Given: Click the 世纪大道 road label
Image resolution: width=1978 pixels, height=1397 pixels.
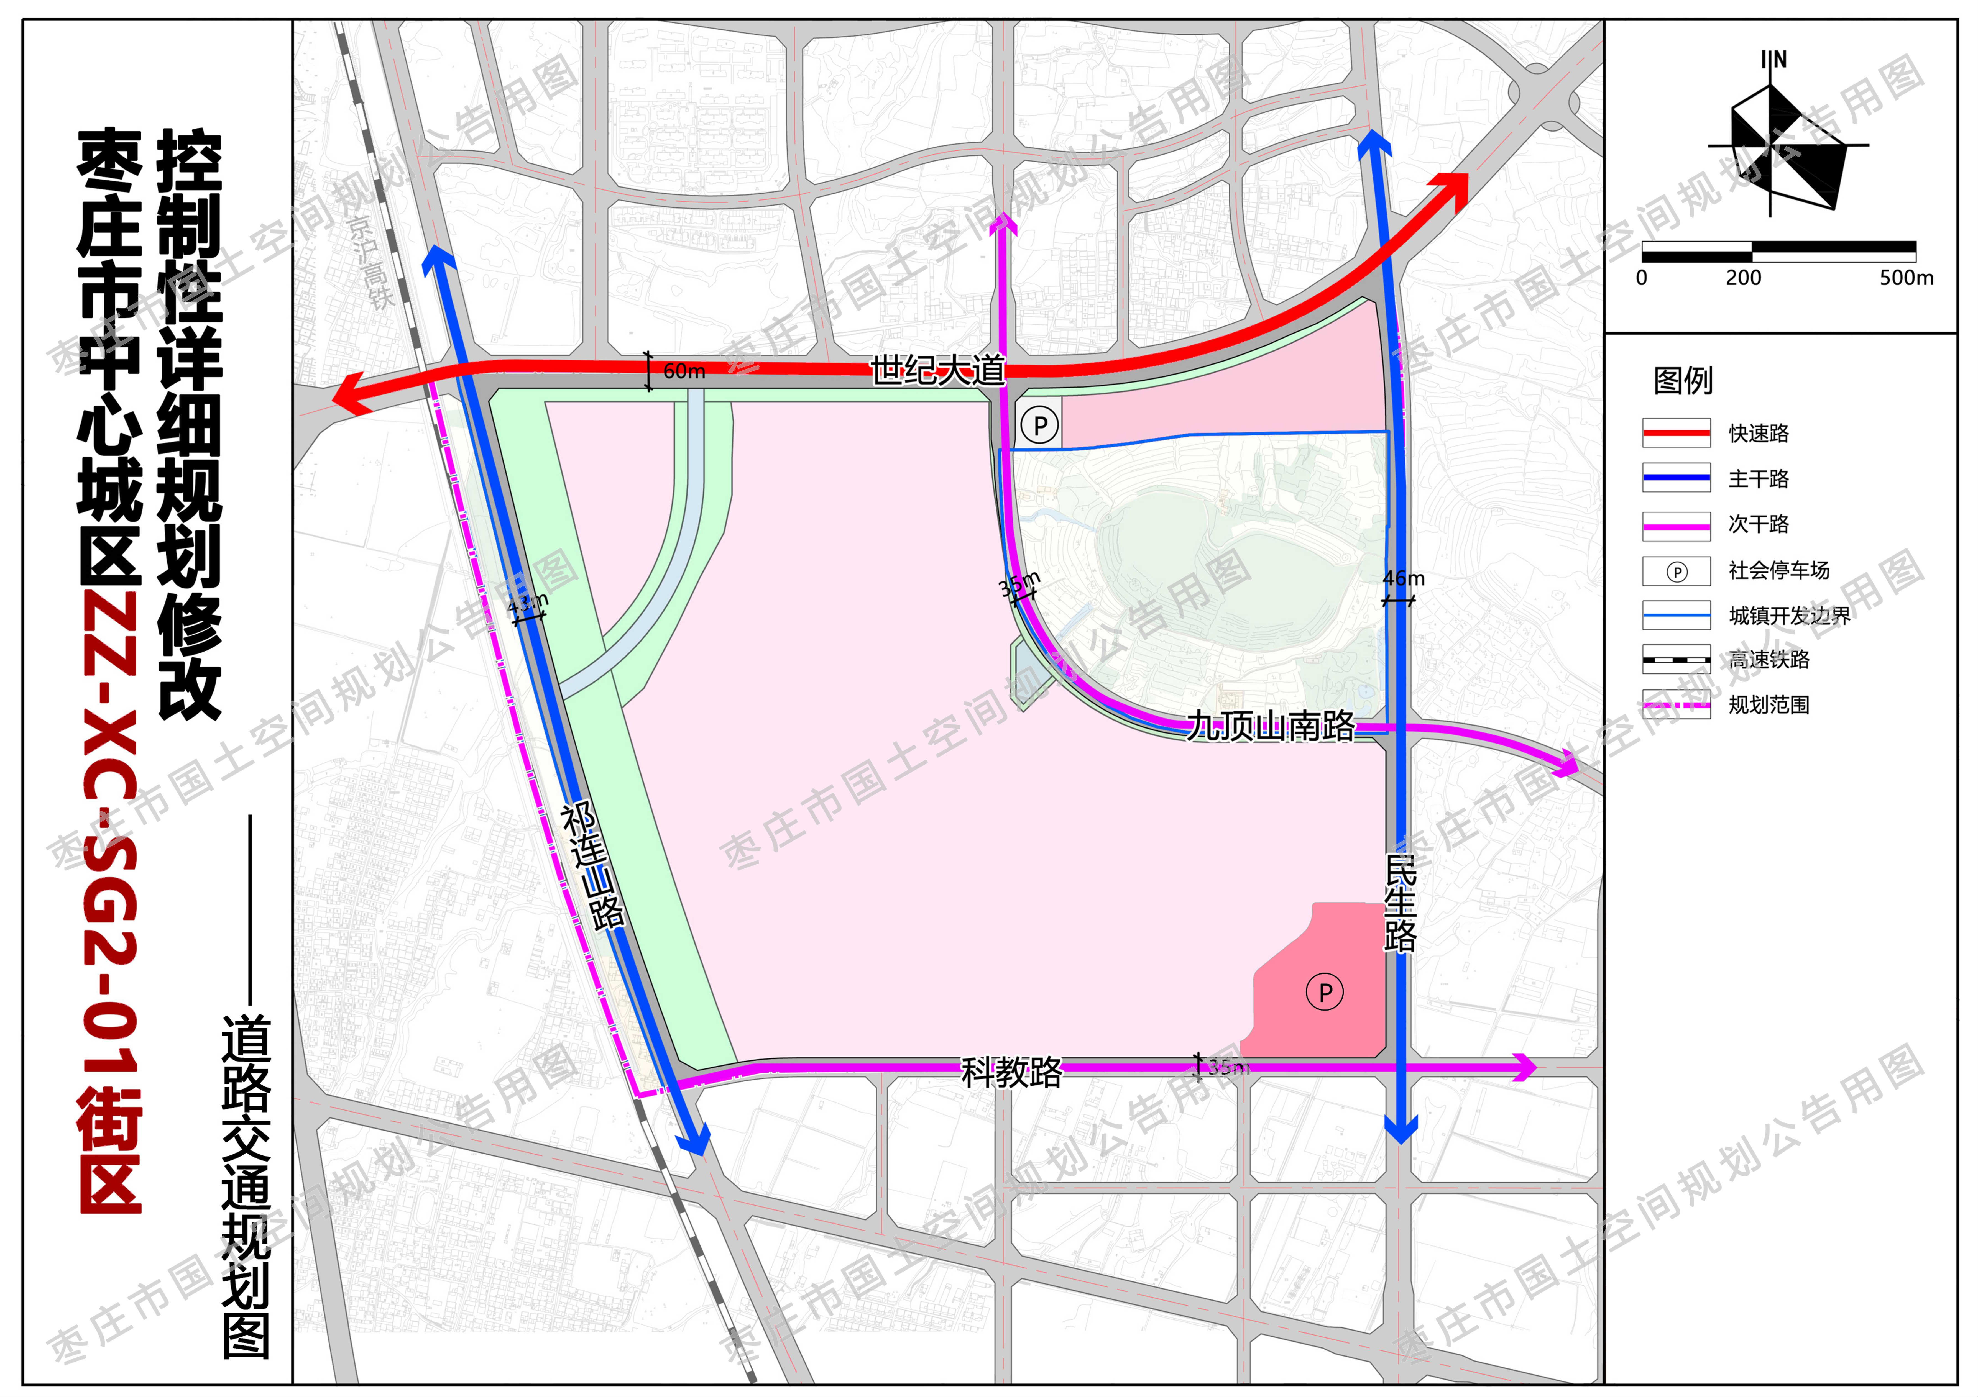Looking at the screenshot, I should (937, 370).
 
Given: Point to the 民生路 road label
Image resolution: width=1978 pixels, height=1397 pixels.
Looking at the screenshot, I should (1400, 903).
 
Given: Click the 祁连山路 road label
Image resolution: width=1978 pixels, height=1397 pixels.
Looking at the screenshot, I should (593, 866).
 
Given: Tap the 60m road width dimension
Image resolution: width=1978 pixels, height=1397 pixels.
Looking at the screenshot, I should (684, 371).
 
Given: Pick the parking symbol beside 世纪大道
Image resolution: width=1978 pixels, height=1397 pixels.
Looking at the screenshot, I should (1040, 425).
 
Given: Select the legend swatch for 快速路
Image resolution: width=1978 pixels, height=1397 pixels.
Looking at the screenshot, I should (1676, 433).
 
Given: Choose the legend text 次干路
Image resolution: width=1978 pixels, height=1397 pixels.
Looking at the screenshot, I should (1758, 524).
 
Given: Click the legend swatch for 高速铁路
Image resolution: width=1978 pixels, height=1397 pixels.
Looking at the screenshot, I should (1676, 660).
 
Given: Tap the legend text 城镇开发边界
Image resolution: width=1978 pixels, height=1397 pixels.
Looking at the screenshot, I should (1789, 615).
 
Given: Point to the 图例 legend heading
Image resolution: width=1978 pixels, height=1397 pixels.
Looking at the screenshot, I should (1683, 380).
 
